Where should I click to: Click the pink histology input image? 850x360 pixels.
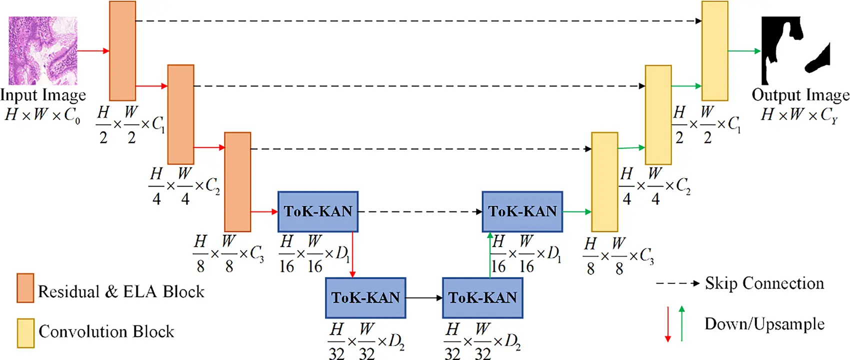pyautogui.click(x=43, y=50)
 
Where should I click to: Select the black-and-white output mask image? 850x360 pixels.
pyautogui.click(x=795, y=50)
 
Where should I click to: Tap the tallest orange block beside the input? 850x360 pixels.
pyautogui.click(x=122, y=50)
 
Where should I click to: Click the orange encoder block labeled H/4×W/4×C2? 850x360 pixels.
pyautogui.click(x=180, y=114)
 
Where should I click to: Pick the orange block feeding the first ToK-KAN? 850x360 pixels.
pyautogui.click(x=237, y=181)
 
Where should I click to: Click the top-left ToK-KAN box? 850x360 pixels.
pyautogui.click(x=318, y=211)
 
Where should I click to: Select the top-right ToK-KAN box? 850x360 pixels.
pyautogui.click(x=522, y=211)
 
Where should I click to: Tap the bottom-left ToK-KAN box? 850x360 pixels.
pyautogui.click(x=365, y=298)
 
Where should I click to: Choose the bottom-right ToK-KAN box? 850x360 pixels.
pyautogui.click(x=482, y=298)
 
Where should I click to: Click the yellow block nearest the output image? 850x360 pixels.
pyautogui.click(x=714, y=50)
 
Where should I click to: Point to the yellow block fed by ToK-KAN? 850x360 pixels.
pyautogui.click(x=604, y=181)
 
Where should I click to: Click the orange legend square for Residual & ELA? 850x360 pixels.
pyautogui.click(x=25, y=288)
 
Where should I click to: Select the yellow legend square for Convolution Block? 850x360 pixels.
pyautogui.click(x=25, y=333)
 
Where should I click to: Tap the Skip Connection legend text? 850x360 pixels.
pyautogui.click(x=764, y=283)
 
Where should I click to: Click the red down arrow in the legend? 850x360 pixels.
pyautogui.click(x=667, y=324)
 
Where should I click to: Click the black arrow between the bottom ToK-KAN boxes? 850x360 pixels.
pyautogui.click(x=424, y=298)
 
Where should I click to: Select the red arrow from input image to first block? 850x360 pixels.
pyautogui.click(x=93, y=50)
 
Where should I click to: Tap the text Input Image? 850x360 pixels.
pyautogui.click(x=43, y=94)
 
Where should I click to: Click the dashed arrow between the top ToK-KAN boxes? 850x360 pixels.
pyautogui.click(x=420, y=211)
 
